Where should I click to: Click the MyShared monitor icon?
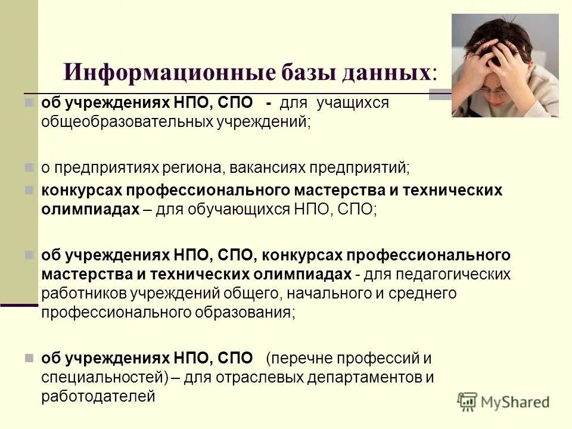coord(468,401)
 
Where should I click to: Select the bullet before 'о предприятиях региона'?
coord(29,167)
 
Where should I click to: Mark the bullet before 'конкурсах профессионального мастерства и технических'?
coord(29,190)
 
